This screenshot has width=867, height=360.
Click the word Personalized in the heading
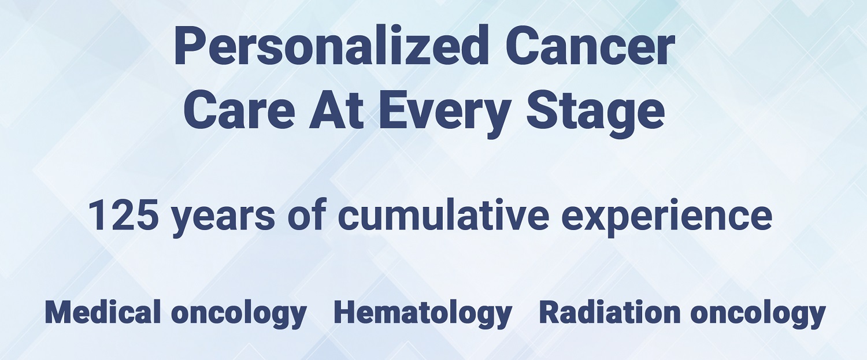coord(331,45)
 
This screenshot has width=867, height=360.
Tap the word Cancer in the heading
coord(590,45)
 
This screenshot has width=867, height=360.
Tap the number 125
coord(123,215)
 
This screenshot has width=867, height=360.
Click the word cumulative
coord(443,214)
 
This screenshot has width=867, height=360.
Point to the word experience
coord(666,219)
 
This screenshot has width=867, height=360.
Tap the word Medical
coord(102,312)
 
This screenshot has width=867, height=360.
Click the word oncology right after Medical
coord(239,315)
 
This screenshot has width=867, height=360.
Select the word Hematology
coord(423,315)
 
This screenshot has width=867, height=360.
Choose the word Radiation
coord(609,312)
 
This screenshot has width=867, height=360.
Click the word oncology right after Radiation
coord(758,315)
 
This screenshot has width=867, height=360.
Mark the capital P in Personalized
coord(190,46)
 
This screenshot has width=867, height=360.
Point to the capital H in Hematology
coord(347,312)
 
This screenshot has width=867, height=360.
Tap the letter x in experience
coord(596,218)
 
